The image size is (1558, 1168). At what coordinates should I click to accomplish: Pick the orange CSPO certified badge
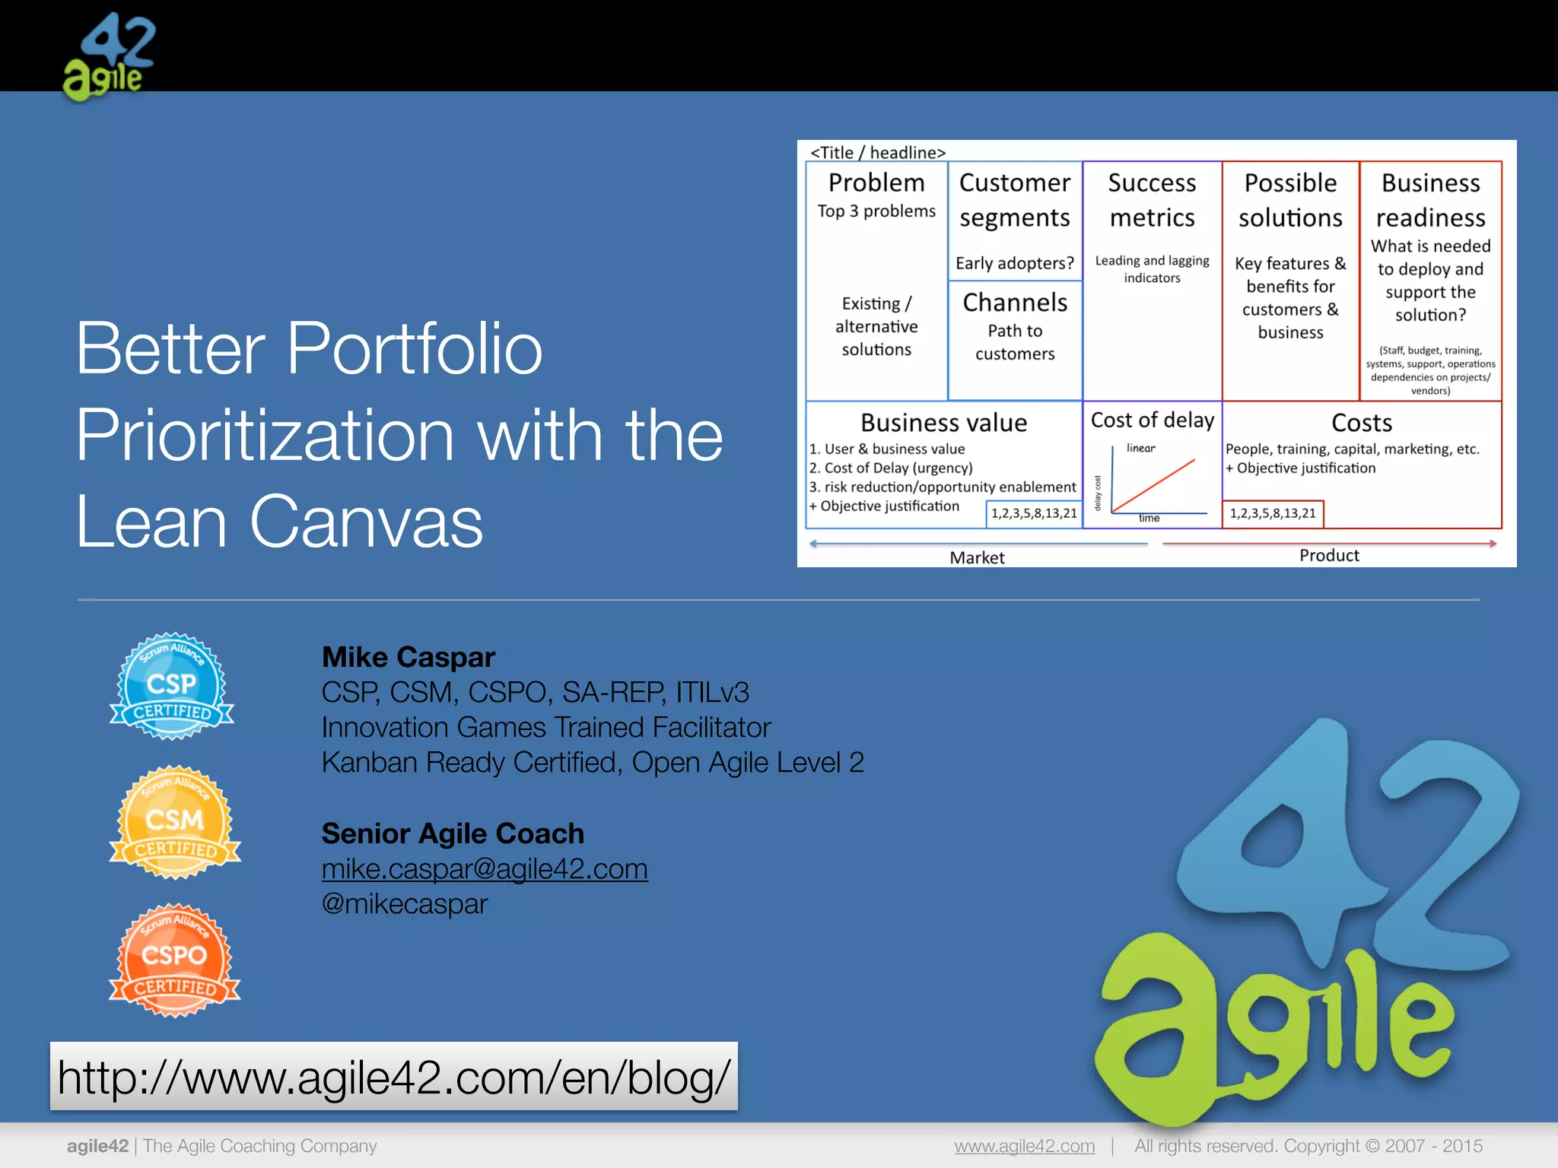tap(174, 960)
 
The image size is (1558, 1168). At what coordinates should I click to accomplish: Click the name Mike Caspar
tap(409, 657)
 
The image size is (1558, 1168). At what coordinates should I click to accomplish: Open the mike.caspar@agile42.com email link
tap(485, 868)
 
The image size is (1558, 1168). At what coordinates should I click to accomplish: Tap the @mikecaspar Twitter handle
tap(405, 903)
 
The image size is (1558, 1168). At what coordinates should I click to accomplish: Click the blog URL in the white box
tap(393, 1077)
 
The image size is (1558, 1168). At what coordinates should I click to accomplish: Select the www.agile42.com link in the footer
tap(1024, 1146)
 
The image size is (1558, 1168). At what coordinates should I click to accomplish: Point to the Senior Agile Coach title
tap(453, 833)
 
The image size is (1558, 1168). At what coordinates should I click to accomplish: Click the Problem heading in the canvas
tap(876, 183)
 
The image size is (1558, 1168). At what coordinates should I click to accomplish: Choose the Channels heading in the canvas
tap(1015, 303)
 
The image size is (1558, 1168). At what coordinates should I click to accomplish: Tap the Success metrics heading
tap(1152, 200)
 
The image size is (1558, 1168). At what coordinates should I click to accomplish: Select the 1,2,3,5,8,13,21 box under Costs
tap(1273, 513)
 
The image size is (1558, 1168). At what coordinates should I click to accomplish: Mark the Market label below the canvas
tap(977, 558)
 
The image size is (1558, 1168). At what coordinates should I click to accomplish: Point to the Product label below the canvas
tap(1328, 556)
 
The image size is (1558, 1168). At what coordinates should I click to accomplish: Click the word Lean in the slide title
tap(151, 522)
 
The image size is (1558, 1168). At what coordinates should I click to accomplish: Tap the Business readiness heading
tap(1430, 200)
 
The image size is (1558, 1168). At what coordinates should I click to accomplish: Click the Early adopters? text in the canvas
tap(1015, 263)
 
